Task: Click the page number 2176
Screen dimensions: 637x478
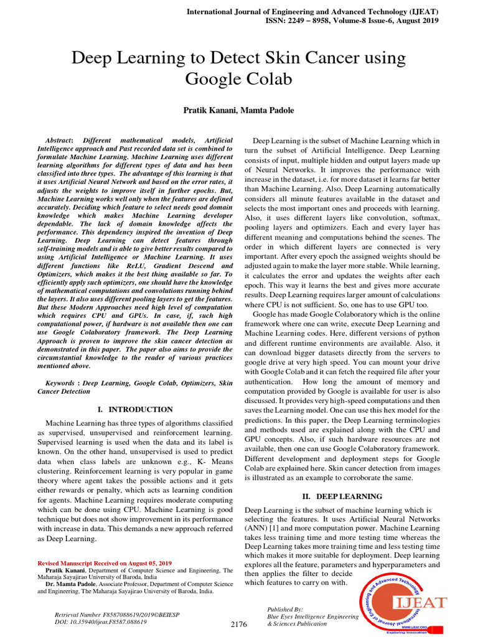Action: coord(239,624)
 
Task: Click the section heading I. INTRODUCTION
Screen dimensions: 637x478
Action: coord(136,409)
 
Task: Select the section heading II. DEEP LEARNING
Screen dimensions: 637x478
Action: coord(342,496)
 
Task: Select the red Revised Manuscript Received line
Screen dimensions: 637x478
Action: coord(105,563)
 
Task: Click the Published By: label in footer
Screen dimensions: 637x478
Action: coord(284,609)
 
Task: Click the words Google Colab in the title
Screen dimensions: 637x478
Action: coord(239,80)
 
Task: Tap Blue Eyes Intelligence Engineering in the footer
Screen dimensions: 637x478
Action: coord(312,616)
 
